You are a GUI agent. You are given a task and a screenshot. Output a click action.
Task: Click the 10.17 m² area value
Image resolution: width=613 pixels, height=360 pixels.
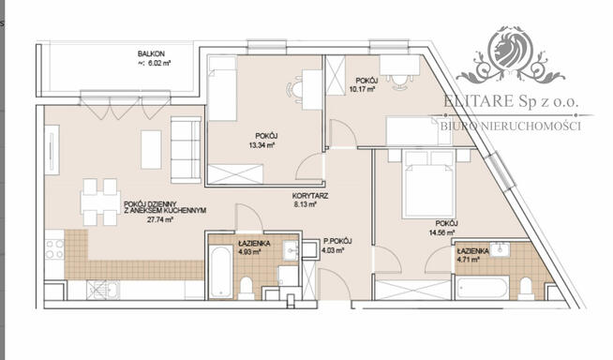click(x=361, y=90)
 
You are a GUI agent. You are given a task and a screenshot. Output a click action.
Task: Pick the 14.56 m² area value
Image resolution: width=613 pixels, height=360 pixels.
click(x=440, y=232)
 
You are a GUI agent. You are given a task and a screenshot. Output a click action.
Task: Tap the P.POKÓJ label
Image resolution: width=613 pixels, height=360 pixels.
click(x=335, y=241)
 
